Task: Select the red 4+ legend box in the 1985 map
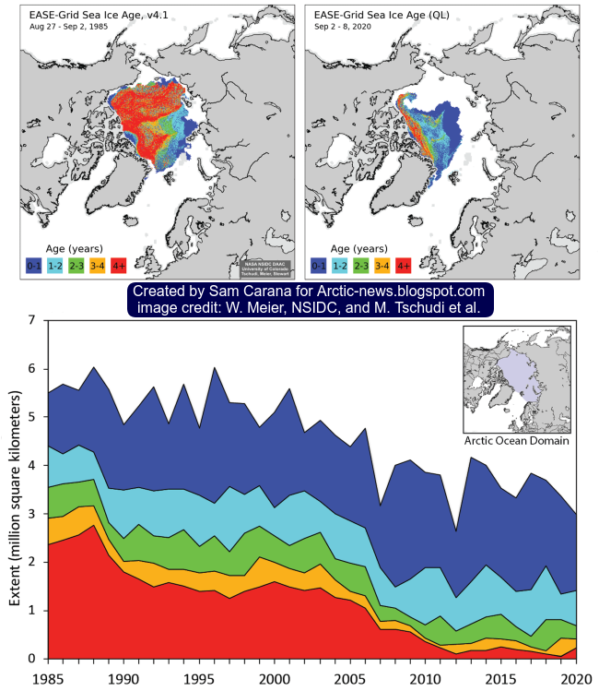click(x=119, y=267)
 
